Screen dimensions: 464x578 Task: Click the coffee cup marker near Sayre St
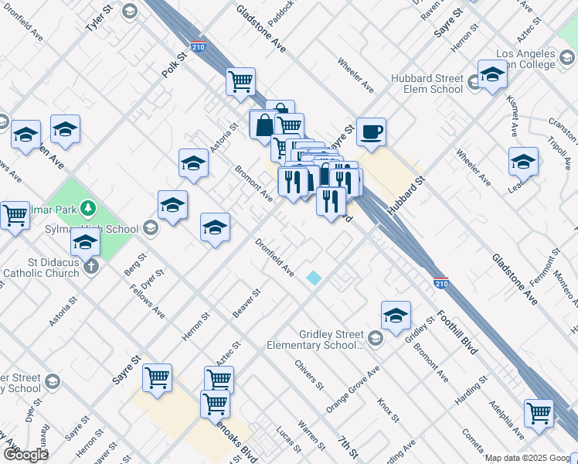[x=371, y=131]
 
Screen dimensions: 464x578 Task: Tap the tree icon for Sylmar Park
[x=89, y=207]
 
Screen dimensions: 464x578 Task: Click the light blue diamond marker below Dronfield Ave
[x=314, y=278]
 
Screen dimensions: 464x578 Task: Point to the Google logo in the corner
[x=25, y=455]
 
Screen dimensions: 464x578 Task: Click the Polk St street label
[x=175, y=65]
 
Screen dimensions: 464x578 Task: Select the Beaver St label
[x=246, y=303]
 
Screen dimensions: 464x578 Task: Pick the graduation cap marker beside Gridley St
[x=396, y=315]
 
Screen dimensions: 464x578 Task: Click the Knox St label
[x=387, y=410]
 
